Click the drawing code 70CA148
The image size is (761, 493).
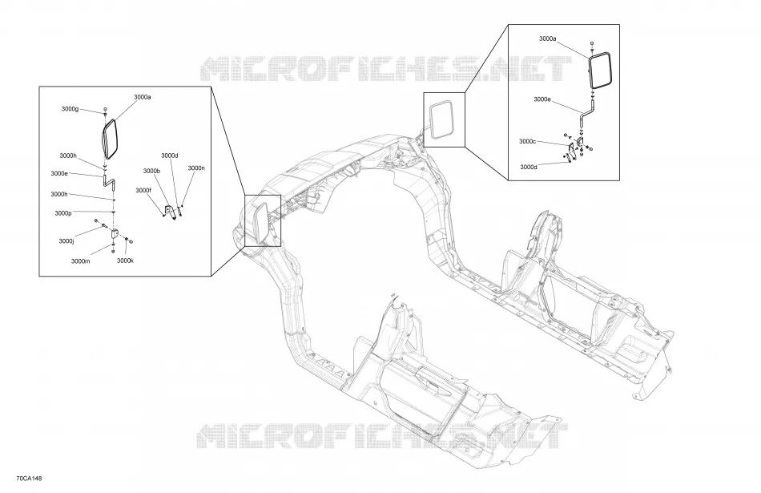29,479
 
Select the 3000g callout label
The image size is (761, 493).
70,109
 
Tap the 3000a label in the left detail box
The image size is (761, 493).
143,97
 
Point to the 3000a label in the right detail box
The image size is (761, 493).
547,38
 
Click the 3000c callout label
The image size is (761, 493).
528,141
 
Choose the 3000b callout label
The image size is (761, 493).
151,171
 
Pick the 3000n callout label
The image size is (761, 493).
196,168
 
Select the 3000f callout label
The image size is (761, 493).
143,191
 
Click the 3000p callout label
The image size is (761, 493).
63,213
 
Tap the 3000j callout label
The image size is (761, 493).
66,241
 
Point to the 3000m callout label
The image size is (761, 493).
81,261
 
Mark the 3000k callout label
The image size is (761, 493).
125,261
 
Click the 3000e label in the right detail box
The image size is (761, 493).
542,99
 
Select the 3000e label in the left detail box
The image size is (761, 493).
59,173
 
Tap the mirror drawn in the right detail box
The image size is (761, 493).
600,71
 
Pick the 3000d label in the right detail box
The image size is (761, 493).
529,167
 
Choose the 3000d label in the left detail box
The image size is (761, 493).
170,156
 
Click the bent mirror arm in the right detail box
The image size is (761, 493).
587,113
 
